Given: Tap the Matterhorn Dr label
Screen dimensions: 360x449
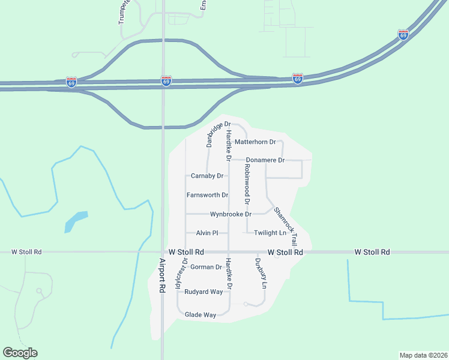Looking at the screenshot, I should pyautogui.click(x=255, y=142).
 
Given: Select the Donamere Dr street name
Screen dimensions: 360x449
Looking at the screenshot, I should pyautogui.click(x=265, y=160).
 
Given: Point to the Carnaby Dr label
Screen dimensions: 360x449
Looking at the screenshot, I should pyautogui.click(x=207, y=176).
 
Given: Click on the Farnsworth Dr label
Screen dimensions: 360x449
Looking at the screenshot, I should pyautogui.click(x=207, y=195).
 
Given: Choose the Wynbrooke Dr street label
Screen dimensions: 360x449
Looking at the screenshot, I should pyautogui.click(x=231, y=214).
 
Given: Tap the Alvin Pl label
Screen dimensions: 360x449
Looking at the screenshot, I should pyautogui.click(x=206, y=233).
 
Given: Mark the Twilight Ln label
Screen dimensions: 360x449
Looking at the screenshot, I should pyautogui.click(x=270, y=233).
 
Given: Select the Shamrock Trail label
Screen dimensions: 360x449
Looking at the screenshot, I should pyautogui.click(x=286, y=225).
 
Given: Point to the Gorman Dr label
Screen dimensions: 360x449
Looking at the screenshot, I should pyautogui.click(x=206, y=267).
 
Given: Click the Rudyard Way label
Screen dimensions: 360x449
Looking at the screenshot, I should pyautogui.click(x=204, y=292).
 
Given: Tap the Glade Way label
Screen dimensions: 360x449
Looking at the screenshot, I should pyautogui.click(x=200, y=314).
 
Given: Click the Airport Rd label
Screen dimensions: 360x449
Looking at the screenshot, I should pyautogui.click(x=162, y=275).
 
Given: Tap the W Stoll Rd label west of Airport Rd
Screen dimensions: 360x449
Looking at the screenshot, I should pyautogui.click(x=26, y=252).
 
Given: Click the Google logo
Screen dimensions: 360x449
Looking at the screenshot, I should pyautogui.click(x=20, y=353).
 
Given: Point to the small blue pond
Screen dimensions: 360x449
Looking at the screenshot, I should pyautogui.click(x=76, y=221).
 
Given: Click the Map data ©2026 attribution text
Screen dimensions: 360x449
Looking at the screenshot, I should pyautogui.click(x=423, y=355).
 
